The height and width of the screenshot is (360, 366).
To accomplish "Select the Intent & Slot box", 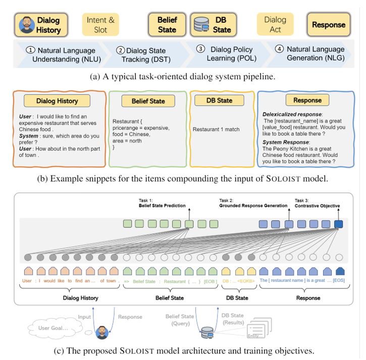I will (x=100, y=25).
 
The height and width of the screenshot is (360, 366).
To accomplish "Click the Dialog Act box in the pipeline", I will (x=275, y=25).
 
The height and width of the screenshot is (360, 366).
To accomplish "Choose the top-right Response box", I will (x=328, y=25).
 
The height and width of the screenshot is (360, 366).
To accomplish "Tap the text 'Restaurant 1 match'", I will (x=216, y=130).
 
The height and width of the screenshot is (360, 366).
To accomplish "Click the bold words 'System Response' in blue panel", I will (x=285, y=142).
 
